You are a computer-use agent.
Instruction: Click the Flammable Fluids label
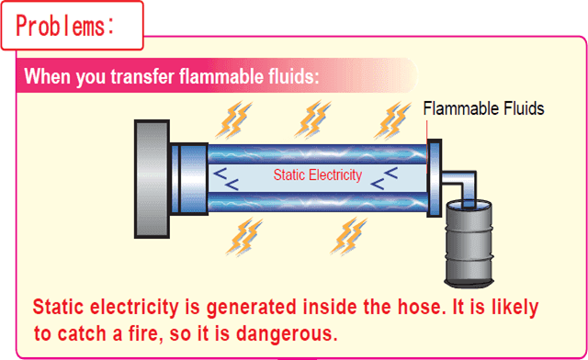pos(483,109)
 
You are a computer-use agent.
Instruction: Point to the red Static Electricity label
pos(318,174)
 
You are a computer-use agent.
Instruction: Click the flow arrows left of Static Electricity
pos(225,177)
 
